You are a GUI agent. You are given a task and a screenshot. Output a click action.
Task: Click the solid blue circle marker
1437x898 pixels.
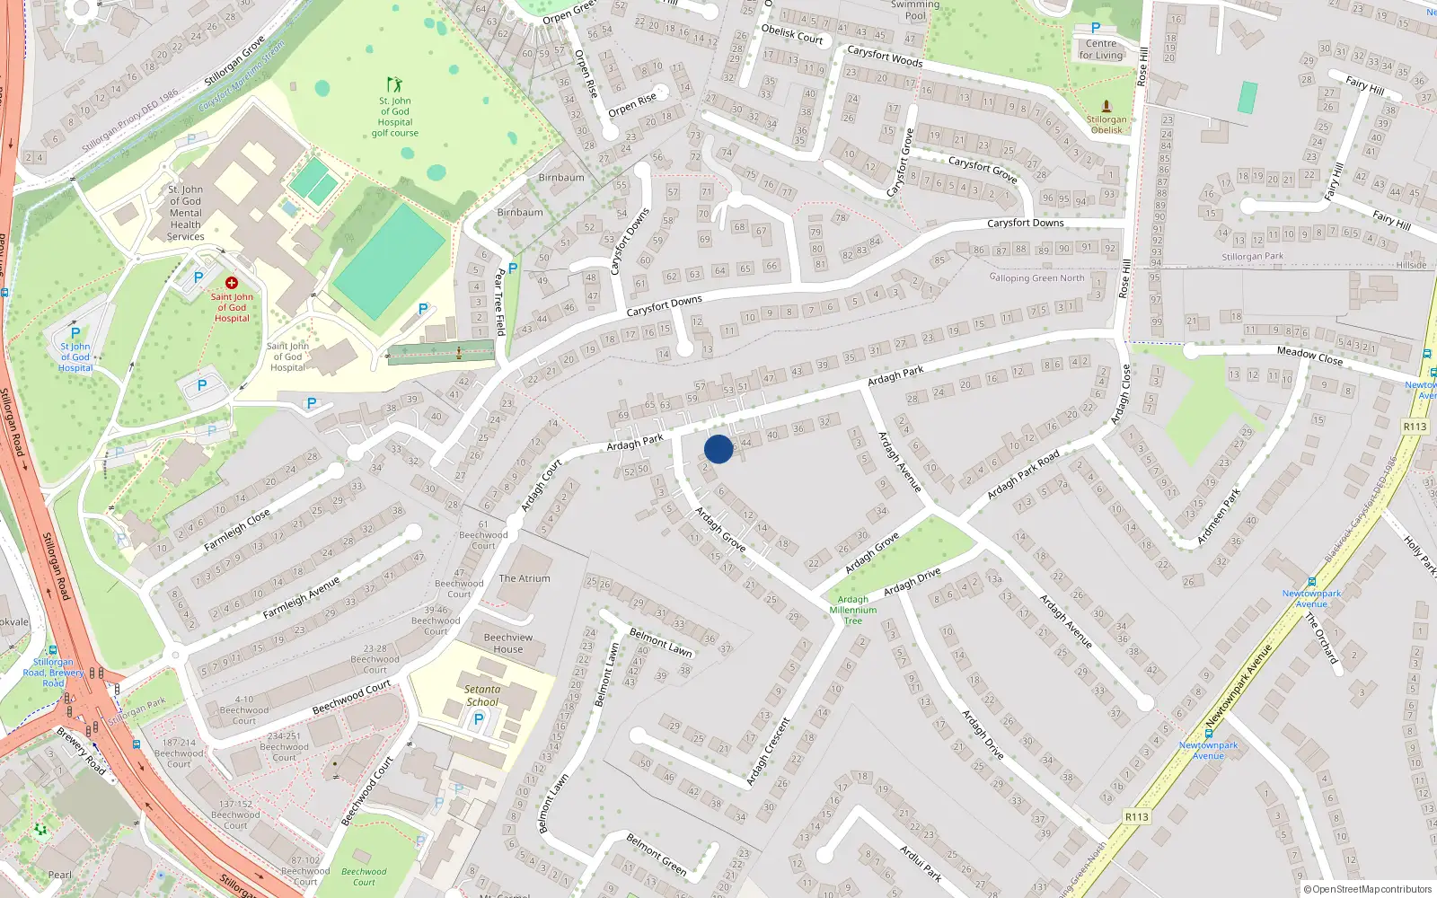click(718, 449)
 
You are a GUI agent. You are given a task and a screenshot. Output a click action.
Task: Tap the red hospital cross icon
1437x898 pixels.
click(231, 283)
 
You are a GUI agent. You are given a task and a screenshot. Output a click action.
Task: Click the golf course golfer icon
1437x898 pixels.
click(394, 85)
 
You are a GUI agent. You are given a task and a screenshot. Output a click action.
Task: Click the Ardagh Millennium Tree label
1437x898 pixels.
click(853, 610)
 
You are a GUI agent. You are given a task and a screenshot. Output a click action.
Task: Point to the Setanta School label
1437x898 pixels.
click(482, 696)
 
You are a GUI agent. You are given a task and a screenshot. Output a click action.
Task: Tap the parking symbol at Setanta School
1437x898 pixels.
click(479, 719)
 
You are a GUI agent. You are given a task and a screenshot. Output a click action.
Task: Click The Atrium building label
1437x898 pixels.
click(525, 578)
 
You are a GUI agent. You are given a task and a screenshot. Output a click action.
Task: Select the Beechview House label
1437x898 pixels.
click(508, 643)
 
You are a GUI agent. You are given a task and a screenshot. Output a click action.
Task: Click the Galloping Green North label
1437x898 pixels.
click(1037, 278)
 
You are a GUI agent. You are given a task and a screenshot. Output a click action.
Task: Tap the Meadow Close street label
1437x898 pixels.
click(1309, 356)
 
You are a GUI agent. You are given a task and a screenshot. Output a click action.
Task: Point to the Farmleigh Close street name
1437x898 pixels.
click(236, 531)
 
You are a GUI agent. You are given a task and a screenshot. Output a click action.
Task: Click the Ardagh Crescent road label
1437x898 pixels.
click(768, 752)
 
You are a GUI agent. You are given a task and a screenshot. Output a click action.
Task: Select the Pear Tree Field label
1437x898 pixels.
click(499, 303)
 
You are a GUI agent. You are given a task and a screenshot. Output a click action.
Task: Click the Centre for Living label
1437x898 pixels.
click(1101, 49)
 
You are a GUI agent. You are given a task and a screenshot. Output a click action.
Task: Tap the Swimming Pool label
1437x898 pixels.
click(914, 10)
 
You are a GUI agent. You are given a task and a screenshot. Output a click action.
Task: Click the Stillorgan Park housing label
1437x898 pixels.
click(1252, 257)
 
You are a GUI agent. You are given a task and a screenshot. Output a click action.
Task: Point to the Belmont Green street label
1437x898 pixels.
click(657, 854)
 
